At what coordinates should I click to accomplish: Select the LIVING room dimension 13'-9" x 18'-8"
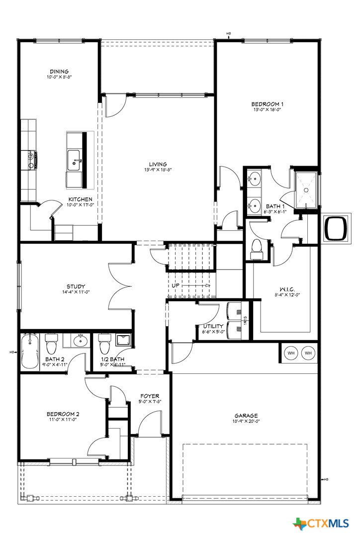click(158, 170)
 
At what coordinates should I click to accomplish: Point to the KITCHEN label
click(80, 199)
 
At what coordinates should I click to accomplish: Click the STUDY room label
click(76, 286)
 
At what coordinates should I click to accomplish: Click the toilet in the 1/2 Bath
click(104, 343)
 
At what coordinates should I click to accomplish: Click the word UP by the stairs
click(176, 286)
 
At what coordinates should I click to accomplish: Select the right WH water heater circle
click(308, 353)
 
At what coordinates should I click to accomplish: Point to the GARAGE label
click(246, 415)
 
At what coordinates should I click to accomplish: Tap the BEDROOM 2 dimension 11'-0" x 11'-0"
click(63, 420)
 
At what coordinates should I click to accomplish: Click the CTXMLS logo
click(323, 523)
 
